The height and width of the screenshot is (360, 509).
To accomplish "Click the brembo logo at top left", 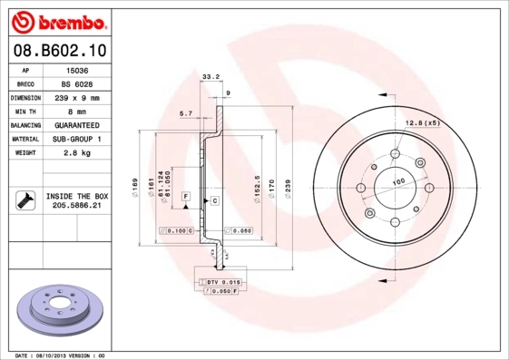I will [x=59, y=19].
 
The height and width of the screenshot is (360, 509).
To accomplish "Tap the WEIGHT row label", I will [x=24, y=152].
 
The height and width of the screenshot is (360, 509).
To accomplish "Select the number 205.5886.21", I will [x=76, y=206].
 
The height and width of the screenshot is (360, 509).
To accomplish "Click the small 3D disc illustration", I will [x=59, y=308].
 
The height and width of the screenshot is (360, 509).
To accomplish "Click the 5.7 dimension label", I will [x=186, y=112].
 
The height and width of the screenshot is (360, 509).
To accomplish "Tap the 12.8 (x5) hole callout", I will [x=423, y=122].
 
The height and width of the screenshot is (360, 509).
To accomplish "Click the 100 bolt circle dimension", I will [x=396, y=182].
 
